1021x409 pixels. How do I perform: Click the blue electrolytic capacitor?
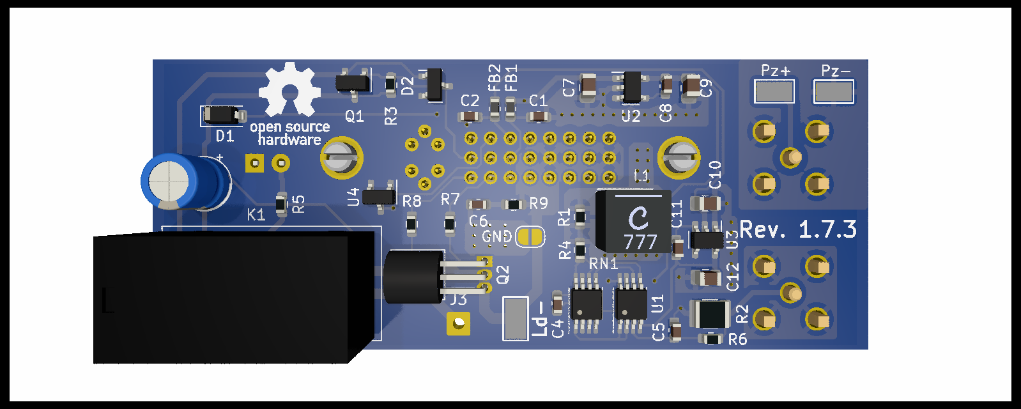pyautogui.click(x=183, y=183)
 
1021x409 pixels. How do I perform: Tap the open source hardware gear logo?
pyautogui.click(x=289, y=89)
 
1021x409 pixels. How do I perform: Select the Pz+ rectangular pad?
pyautogui.click(x=774, y=91)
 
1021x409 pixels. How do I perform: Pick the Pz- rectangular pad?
pyautogui.click(x=833, y=91)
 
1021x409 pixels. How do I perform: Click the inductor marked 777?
pyautogui.click(x=634, y=221)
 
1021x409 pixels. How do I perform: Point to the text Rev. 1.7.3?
pyautogui.click(x=798, y=229)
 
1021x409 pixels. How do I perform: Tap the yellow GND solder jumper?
pyautogui.click(x=530, y=237)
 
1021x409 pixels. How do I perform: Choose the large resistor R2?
pyautogui.click(x=710, y=314)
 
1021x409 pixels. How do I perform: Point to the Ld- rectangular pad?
pyautogui.click(x=515, y=318)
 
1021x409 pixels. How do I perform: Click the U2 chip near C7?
pyautogui.click(x=632, y=87)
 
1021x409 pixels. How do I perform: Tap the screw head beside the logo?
pyautogui.click(x=341, y=157)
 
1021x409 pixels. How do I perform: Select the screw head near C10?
pyautogui.click(x=680, y=157)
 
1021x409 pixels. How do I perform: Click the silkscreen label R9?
pyautogui.click(x=539, y=203)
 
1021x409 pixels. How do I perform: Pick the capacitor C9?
pyautogui.click(x=691, y=88)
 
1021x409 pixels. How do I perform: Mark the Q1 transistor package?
pyautogui.click(x=353, y=82)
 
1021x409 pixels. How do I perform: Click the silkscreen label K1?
pyautogui.click(x=256, y=215)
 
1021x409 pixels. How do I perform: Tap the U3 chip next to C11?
pyautogui.click(x=706, y=240)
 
